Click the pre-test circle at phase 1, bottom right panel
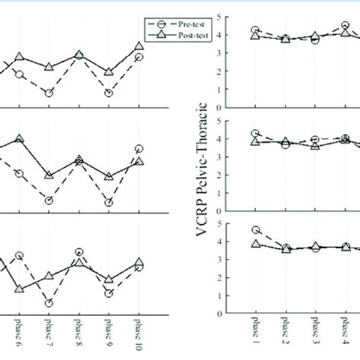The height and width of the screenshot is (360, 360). (x=256, y=230)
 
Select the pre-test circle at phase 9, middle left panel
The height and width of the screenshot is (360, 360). (x=109, y=203)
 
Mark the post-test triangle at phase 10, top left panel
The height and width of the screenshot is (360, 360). (x=139, y=46)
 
